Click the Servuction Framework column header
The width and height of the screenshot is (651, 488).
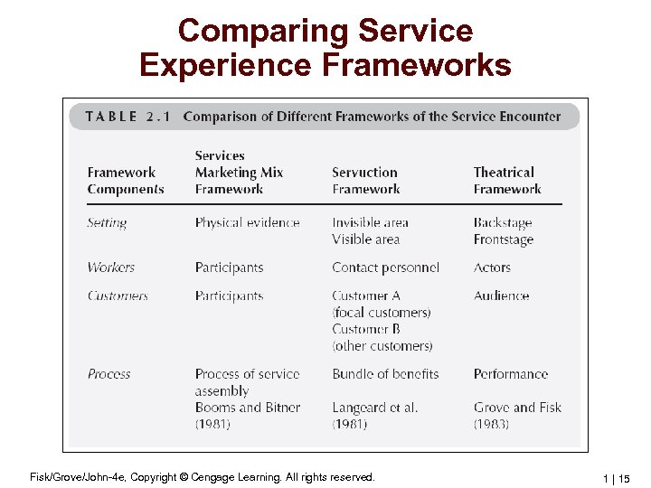click(x=365, y=181)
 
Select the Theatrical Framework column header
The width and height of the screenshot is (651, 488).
click(x=506, y=181)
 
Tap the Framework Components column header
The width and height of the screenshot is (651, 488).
click(x=126, y=181)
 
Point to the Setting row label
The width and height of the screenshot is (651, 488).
click(x=107, y=223)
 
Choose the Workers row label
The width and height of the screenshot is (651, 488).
click(x=110, y=267)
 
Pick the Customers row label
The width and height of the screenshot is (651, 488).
click(x=118, y=296)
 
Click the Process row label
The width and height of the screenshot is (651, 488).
click(x=109, y=374)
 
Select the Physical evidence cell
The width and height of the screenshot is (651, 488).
click(x=247, y=223)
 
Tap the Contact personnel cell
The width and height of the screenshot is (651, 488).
click(x=385, y=267)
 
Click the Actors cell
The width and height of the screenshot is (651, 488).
click(x=492, y=267)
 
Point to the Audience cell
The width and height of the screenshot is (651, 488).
click(x=501, y=296)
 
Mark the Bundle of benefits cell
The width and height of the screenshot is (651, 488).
click(x=385, y=374)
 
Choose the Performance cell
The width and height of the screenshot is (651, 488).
click(x=511, y=374)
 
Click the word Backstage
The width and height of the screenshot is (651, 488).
click(x=503, y=223)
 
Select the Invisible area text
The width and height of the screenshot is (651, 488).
click(x=370, y=223)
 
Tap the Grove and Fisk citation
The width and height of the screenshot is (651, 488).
click(x=517, y=408)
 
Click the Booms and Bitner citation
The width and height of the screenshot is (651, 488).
click(x=247, y=408)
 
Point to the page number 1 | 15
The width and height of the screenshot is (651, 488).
click(x=614, y=477)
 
